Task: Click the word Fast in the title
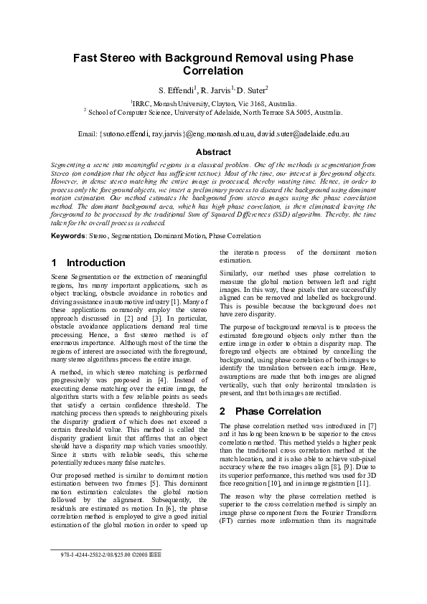pos(87,58)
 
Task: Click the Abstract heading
pos(213,152)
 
